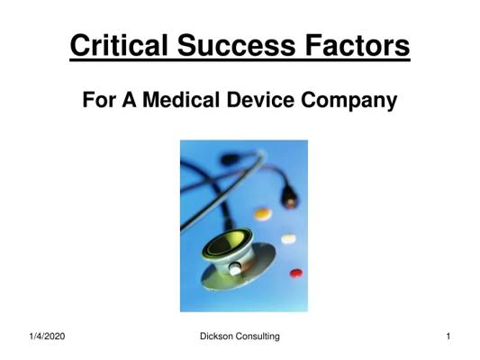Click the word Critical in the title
119,46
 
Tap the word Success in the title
236,46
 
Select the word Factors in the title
358,46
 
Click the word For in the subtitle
99,100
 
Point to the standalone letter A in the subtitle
129,100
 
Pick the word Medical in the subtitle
181,100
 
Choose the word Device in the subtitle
260,100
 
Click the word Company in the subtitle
349,101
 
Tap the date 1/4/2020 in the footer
47,337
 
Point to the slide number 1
448,337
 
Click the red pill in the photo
296,273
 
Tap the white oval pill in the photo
289,238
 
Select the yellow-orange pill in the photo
263,214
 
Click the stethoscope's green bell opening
227,244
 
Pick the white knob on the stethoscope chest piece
235,269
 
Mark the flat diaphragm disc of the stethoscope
238,267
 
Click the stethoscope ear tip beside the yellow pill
289,197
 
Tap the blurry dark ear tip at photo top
230,159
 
